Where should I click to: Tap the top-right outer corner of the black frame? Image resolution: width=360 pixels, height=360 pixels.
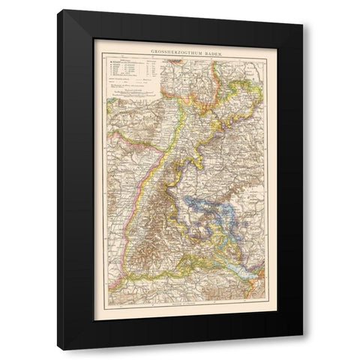(x=303, y=22)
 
